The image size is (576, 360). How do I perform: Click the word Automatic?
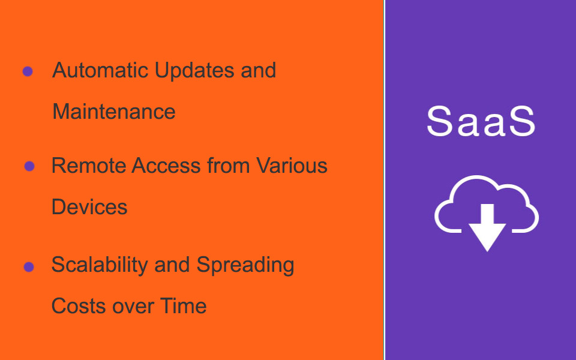click(100, 70)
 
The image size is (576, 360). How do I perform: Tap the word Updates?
click(194, 71)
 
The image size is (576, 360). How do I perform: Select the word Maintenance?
click(114, 112)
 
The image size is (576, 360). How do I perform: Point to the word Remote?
click(89, 166)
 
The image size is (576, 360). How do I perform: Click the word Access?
click(166, 166)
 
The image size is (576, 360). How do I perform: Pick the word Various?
click(292, 166)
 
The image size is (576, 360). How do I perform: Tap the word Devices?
click(89, 207)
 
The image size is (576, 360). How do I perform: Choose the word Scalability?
click(100, 265)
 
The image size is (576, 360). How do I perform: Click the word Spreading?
click(245, 265)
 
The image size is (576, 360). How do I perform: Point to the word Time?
click(184, 305)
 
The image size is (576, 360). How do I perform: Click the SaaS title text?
click(481, 121)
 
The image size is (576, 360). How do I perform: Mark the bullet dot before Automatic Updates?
click(28, 71)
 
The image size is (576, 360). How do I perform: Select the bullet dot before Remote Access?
click(29, 166)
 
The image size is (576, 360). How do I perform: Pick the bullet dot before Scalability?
click(29, 266)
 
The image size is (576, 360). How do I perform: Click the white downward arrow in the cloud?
click(487, 228)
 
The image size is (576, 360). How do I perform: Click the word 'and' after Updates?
click(258, 70)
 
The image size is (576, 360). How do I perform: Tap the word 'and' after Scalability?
click(172, 265)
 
